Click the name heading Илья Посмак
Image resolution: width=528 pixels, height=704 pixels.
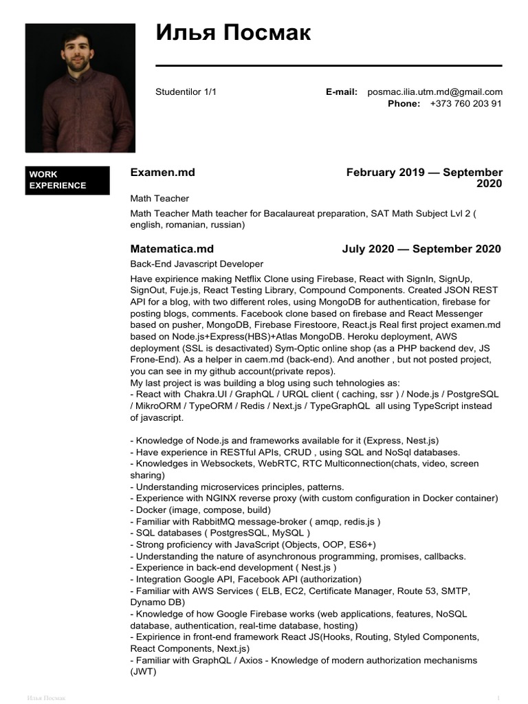[233, 32]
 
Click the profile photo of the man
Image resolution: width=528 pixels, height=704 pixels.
[80, 87]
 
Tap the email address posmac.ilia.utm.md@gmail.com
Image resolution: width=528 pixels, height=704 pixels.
[434, 91]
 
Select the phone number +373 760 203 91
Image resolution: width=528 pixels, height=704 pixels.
[465, 103]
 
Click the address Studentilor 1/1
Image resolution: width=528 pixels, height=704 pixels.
[186, 91]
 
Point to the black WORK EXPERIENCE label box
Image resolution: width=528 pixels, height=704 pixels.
[67, 180]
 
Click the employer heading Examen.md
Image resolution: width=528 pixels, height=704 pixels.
[163, 173]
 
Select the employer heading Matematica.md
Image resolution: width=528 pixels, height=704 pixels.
[172, 249]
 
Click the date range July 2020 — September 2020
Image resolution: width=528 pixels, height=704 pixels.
[421, 249]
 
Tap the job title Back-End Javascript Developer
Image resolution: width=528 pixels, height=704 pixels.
[197, 264]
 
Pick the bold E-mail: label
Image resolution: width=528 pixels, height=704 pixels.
[342, 91]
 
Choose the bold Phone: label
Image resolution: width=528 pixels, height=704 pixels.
[404, 103]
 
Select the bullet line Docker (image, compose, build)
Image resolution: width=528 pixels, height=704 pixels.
[200, 509]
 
